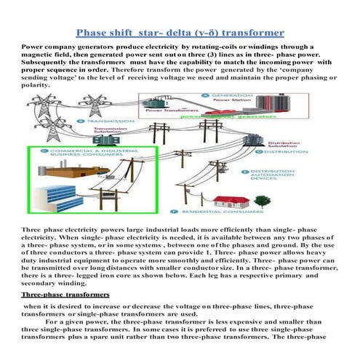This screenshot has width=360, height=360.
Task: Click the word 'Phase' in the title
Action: click(98, 32)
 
